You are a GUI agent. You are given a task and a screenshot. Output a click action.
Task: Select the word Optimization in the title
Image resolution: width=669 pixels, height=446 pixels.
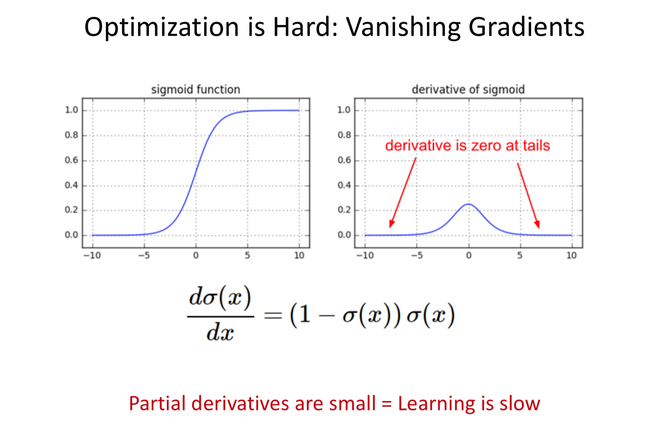[x=161, y=28]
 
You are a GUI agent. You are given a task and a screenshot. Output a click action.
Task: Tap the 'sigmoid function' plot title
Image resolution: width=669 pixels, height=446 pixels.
[x=196, y=89]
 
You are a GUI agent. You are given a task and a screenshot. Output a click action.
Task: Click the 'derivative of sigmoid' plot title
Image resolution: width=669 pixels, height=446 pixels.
[x=468, y=89]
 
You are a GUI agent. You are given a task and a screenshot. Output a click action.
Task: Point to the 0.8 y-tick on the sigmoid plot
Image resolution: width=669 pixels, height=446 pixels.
[x=71, y=135]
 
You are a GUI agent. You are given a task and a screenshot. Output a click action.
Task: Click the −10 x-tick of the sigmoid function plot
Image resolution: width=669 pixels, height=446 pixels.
[x=92, y=255]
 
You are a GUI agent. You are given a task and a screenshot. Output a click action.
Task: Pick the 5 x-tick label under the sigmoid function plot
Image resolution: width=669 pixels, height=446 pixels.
[x=247, y=255]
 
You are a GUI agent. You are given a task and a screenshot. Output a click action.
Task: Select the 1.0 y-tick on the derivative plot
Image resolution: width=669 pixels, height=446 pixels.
[x=344, y=110]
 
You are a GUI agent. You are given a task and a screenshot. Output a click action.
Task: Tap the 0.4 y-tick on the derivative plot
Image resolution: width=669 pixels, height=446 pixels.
[x=344, y=186]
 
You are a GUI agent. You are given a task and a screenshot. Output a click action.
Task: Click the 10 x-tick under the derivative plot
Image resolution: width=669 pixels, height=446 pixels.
[x=572, y=255]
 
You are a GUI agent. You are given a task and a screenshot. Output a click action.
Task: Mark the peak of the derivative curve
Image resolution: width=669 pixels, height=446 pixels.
[x=469, y=204]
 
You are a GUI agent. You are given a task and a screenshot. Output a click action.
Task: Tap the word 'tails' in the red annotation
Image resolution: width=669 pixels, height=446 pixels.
[x=536, y=146]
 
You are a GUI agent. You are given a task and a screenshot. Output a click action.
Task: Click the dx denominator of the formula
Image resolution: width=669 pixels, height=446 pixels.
[x=220, y=332]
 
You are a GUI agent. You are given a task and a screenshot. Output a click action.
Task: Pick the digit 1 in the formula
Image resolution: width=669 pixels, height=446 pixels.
[x=304, y=315]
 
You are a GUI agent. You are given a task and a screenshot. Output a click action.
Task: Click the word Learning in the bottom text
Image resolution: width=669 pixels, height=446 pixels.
[x=436, y=404]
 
